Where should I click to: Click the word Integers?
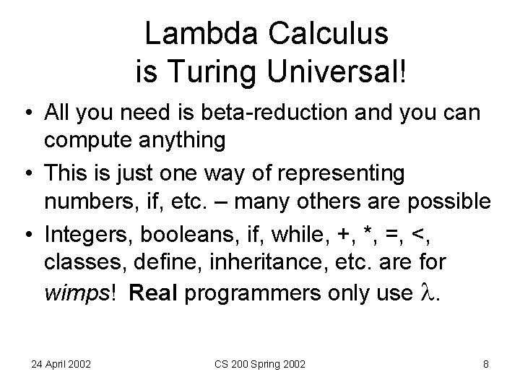85,233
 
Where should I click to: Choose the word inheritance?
259,260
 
